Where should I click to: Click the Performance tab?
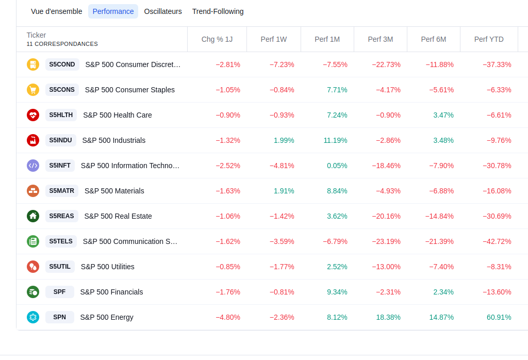113,11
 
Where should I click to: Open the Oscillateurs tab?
163,11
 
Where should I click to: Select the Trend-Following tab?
218,11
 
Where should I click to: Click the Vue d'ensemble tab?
57,11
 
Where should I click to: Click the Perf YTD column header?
489,39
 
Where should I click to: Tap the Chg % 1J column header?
217,39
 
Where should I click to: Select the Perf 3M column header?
381,39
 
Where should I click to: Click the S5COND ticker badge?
62,64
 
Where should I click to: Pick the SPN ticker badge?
60,317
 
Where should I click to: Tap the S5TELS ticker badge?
61,241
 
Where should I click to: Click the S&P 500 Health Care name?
118,115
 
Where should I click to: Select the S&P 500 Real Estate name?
118,216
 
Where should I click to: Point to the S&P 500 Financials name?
111,292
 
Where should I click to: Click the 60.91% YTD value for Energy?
499,317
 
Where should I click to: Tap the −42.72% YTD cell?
497,241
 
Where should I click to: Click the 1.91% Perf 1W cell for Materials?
284,191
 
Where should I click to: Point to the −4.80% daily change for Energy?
227,317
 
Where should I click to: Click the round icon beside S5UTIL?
33,267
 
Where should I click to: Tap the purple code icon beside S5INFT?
33,166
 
